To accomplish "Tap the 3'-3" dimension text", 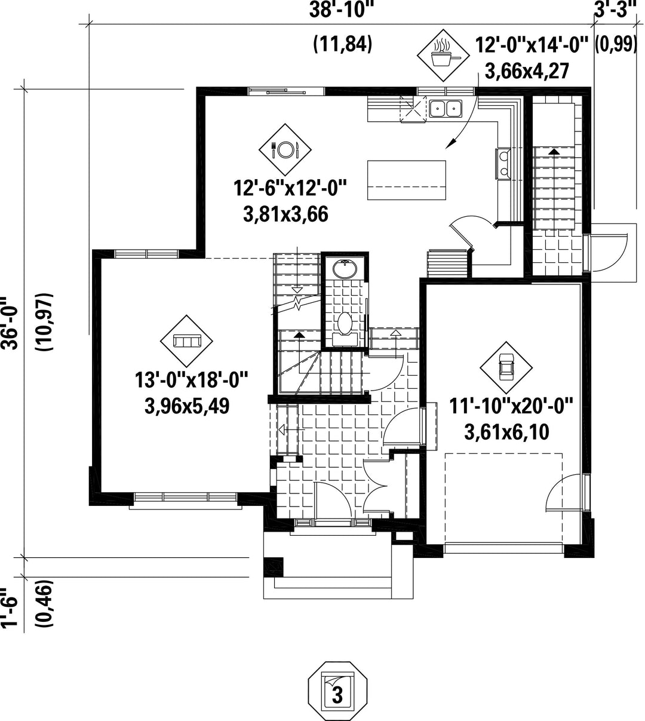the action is click(615, 10).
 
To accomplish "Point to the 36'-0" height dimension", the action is click(10, 323).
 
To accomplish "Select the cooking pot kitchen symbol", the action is click(443, 56).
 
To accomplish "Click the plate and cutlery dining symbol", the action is click(285, 150).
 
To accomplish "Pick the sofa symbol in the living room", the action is click(186, 341).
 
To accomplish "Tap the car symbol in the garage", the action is click(506, 367).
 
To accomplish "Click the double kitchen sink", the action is click(446, 108).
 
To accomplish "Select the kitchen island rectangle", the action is click(406, 180).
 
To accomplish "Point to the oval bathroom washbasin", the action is click(345, 269).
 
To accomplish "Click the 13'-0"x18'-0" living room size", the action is click(191, 380).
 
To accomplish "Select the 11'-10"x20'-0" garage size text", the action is click(511, 406).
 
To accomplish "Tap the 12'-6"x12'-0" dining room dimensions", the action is click(290, 189).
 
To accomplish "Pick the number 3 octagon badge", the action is click(337, 691).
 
